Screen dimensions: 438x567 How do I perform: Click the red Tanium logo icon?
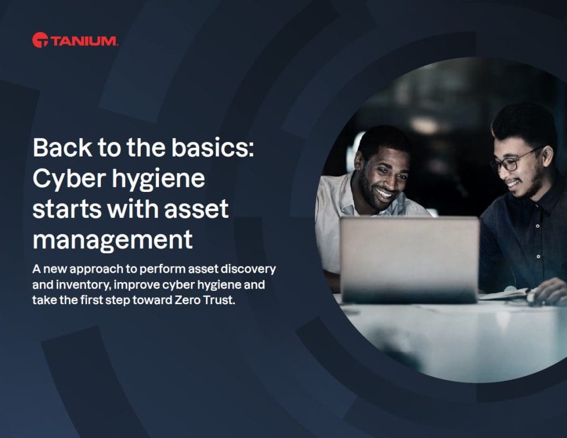[x=40, y=40]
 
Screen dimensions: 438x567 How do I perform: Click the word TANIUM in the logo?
[x=84, y=40]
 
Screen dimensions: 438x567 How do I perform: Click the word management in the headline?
[x=113, y=240]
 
